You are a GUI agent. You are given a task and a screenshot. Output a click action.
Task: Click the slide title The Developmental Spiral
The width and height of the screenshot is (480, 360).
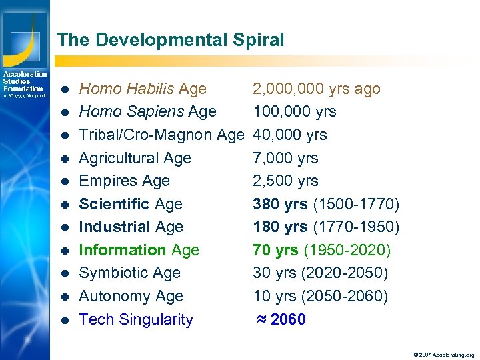(x=171, y=40)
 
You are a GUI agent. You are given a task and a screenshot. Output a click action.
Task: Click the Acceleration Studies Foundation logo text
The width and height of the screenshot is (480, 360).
(x=25, y=81)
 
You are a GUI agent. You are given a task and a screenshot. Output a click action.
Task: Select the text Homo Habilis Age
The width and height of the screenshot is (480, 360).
(x=143, y=89)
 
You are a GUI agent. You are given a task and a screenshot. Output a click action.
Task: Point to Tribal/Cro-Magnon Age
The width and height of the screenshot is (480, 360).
(x=161, y=135)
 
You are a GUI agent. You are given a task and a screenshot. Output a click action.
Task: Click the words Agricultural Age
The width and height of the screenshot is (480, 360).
(x=135, y=158)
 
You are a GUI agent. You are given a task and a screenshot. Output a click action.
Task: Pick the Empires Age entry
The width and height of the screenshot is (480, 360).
(x=124, y=181)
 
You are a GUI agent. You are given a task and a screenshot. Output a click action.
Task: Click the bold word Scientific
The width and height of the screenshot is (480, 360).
(x=115, y=204)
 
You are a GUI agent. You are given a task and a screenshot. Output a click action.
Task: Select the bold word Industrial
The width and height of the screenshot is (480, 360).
(x=115, y=227)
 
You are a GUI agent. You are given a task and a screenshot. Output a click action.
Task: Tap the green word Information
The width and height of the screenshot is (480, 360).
(x=123, y=250)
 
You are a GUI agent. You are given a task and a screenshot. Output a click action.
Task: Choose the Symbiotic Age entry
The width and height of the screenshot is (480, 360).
(x=129, y=273)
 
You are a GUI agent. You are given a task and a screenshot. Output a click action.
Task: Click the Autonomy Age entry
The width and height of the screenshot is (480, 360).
(x=131, y=296)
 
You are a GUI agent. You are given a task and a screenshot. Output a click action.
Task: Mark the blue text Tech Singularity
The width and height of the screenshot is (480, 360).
(x=135, y=319)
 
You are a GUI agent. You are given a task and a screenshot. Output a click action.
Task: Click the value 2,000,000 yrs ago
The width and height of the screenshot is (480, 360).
(x=316, y=89)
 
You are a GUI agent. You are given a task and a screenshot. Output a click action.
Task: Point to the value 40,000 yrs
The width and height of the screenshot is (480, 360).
(x=289, y=135)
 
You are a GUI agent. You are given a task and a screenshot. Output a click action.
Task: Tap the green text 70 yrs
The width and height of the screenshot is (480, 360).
(x=276, y=250)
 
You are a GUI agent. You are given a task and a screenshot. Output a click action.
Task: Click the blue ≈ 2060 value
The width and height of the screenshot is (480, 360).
(x=281, y=319)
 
